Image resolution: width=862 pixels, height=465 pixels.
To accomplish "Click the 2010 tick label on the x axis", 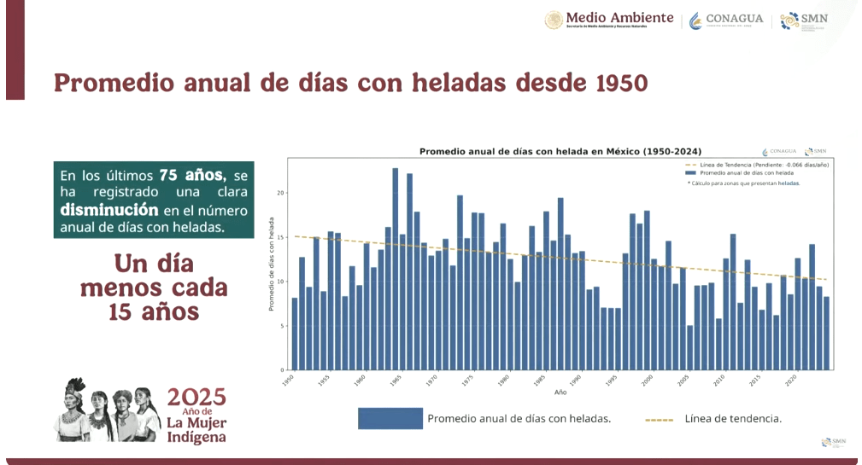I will click(724, 379).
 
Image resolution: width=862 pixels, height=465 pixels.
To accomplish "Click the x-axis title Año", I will click(560, 392).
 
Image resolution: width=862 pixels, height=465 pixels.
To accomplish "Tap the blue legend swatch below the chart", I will click(390, 418).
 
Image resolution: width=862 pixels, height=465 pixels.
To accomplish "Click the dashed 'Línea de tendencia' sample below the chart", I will click(659, 419).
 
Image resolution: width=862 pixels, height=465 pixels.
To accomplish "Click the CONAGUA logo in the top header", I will click(726, 20).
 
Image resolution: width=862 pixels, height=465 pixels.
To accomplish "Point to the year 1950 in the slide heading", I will click(611, 82).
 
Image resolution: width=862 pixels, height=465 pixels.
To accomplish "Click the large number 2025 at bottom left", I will click(197, 397).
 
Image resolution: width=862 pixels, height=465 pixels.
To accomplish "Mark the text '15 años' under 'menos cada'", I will click(154, 312).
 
